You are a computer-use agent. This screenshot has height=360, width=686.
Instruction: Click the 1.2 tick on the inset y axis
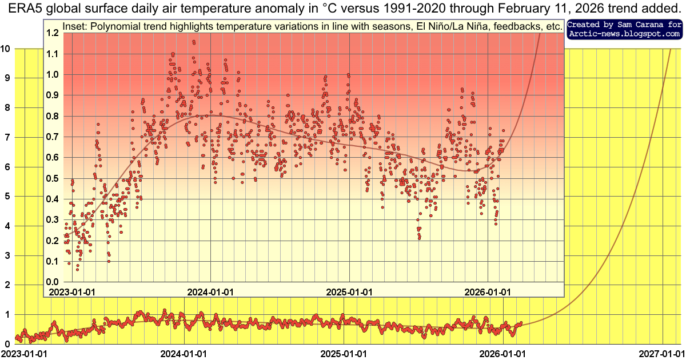(53, 33)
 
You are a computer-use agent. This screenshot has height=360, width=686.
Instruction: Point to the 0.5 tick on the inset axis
(53, 178)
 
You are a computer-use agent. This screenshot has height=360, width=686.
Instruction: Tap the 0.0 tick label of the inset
(53, 282)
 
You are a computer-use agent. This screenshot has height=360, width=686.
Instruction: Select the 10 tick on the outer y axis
(6, 49)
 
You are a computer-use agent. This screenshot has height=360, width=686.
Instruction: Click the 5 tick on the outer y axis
(7, 196)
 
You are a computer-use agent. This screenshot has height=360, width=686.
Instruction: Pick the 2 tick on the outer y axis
(7, 285)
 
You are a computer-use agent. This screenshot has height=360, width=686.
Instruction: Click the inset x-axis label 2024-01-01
(211, 291)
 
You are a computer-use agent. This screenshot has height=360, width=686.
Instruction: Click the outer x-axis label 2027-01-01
(661, 354)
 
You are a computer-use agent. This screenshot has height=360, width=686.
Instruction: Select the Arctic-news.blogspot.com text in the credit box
(625, 34)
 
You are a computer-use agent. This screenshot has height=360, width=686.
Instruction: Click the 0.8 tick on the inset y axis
(53, 116)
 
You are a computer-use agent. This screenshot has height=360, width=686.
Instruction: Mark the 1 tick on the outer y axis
(7, 314)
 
